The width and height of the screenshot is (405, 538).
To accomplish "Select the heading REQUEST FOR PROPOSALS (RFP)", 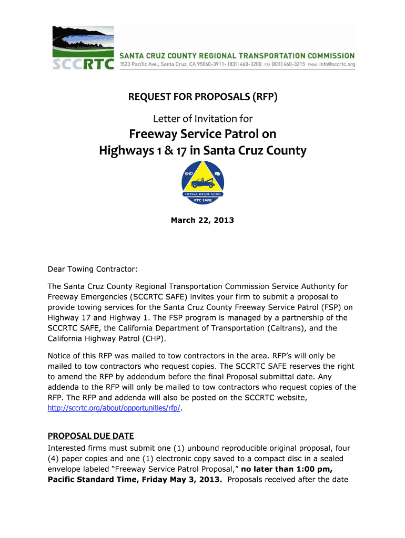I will coord(202,97).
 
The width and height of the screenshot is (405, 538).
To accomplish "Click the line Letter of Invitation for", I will coord(202,119).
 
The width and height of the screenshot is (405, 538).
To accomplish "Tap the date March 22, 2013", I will coord(202,220).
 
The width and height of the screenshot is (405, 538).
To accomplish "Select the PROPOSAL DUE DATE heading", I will coord(90,436).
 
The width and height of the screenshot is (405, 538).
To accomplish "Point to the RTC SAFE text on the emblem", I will coord(202,200).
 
